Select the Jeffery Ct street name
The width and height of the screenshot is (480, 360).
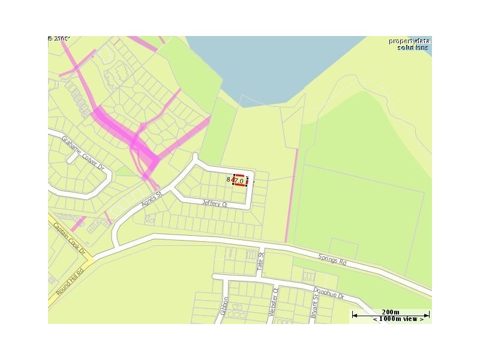tap(215, 204)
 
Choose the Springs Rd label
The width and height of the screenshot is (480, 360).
tap(332, 259)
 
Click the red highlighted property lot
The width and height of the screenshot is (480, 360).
tap(240, 181)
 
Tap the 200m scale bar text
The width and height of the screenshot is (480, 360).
tap(390, 312)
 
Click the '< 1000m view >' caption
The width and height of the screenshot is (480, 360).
tap(398, 319)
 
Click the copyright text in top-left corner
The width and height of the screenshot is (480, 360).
tap(59, 39)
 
